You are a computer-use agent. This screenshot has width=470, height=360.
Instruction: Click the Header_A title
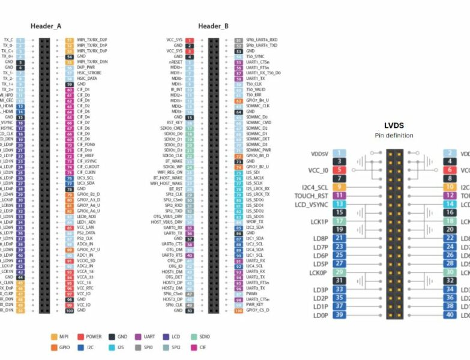(46, 26)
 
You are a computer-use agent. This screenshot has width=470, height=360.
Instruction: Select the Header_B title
(213, 26)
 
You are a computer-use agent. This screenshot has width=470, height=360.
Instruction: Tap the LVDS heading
(394, 126)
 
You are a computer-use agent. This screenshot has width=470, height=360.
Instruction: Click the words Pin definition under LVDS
(394, 136)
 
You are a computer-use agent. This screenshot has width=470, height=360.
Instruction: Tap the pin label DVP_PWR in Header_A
(87, 67)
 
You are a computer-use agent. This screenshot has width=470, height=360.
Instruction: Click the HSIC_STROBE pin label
(90, 73)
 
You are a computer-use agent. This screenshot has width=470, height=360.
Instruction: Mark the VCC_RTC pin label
(86, 288)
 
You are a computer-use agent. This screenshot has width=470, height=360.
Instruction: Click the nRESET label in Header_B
(175, 62)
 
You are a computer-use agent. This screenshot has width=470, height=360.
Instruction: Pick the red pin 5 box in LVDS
(339, 170)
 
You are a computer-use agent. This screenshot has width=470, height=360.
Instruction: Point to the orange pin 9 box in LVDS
(339, 187)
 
